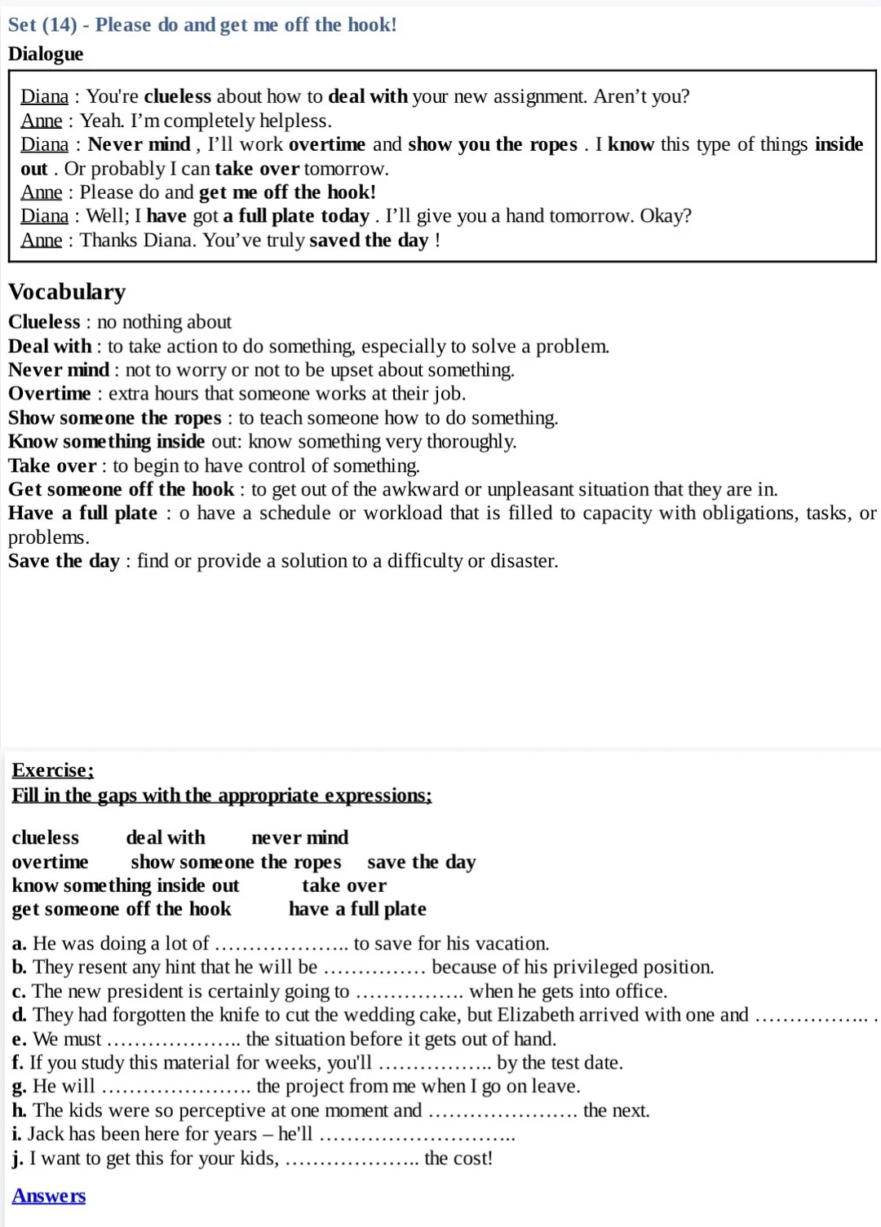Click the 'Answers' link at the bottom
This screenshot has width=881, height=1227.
[49, 1196]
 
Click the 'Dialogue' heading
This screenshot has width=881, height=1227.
[46, 54]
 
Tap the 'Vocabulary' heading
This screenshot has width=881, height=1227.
[67, 292]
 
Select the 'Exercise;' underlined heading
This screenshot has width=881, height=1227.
[53, 770]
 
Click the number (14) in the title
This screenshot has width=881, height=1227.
[59, 24]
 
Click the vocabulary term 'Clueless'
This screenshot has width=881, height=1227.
[44, 322]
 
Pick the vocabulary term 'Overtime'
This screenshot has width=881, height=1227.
[50, 394]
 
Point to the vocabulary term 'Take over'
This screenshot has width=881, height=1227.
[53, 466]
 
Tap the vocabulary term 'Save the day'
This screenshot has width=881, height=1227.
[64, 561]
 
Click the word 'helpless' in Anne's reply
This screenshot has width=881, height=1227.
[293, 121]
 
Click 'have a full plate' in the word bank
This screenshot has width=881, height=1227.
[357, 909]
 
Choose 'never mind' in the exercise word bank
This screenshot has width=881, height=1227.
[299, 837]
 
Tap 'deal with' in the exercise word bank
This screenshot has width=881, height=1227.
[166, 837]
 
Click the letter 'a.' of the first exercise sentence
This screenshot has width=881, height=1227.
[20, 944]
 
